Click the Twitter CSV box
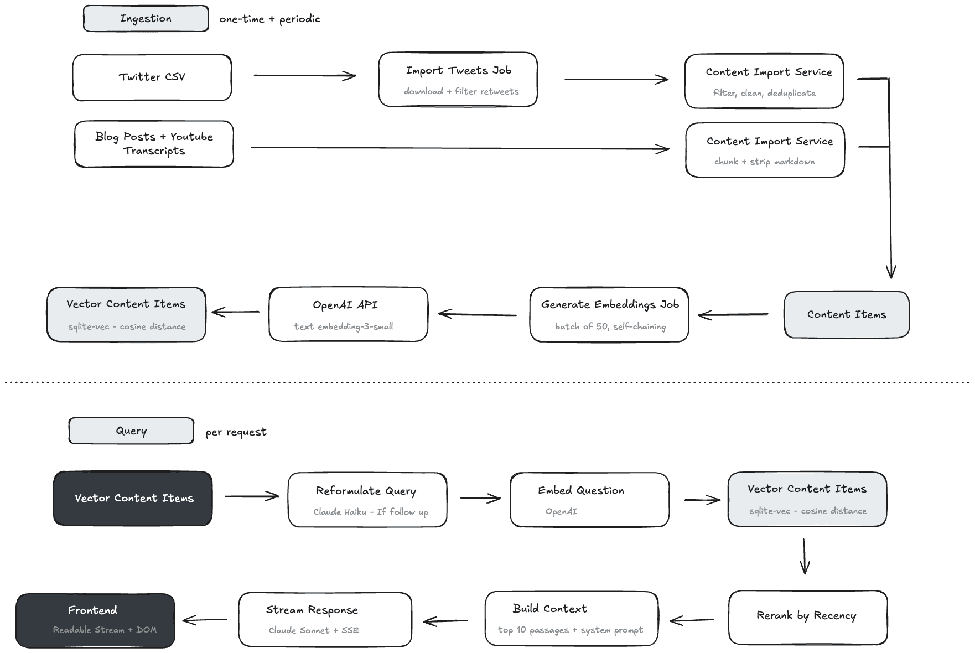click(152, 77)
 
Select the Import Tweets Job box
click(458, 80)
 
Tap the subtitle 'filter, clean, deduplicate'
click(764, 93)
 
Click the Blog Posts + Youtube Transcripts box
click(154, 144)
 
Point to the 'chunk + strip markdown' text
click(764, 162)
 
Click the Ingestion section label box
click(146, 19)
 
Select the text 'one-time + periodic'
click(269, 19)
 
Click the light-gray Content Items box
click(846, 314)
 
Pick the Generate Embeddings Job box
click(609, 314)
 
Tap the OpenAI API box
click(348, 314)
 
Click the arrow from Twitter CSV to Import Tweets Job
click(304, 75)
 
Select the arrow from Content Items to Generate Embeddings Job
click(733, 315)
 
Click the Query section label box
click(131, 431)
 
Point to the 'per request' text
click(236, 432)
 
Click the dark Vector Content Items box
click(133, 498)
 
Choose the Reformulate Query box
click(367, 500)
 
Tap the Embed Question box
click(589, 500)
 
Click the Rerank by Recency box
click(807, 617)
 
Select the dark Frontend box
click(95, 620)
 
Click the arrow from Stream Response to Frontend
click(205, 620)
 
